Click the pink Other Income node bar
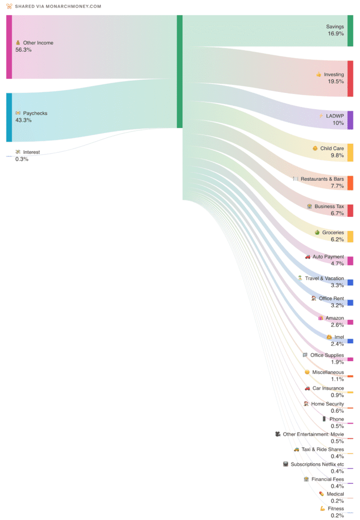coord(9,47)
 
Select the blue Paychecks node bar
coord(9,117)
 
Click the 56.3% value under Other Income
coord(23,50)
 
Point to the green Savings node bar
coord(350,30)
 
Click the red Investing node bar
coord(350,79)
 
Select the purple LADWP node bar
coord(350,120)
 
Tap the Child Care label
coord(332,149)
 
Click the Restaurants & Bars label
coord(322,179)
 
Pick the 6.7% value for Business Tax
coord(337,214)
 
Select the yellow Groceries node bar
coord(350,236)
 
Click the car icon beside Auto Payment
coord(308,257)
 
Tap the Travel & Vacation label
coord(324,278)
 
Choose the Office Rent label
coord(331,299)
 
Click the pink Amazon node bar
coord(350,322)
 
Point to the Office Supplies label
coord(327,355)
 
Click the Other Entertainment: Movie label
coord(313,435)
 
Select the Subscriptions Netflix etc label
coord(317,465)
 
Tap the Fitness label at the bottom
coord(336,509)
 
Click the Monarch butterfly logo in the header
coord(9,6)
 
